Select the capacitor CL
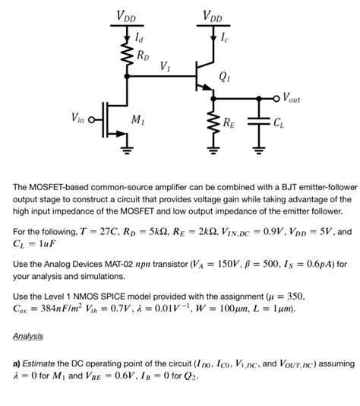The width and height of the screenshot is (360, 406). (x=260, y=121)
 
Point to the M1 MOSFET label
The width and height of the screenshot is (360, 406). (x=139, y=119)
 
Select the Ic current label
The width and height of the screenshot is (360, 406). (x=221, y=35)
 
